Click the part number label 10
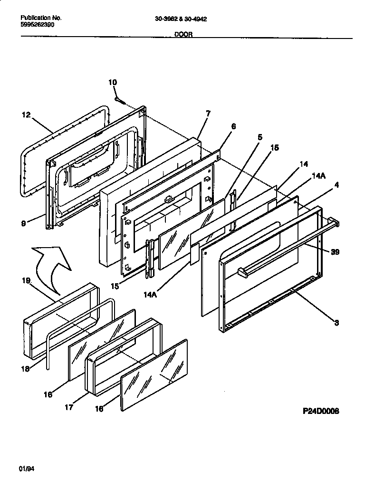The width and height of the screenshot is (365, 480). point(112,82)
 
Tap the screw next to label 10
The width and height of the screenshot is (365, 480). point(120,100)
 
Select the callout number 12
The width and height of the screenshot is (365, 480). point(26,115)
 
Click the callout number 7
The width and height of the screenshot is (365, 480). point(208,113)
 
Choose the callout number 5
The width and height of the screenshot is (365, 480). point(259,137)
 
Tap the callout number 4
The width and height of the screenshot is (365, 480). point(336,186)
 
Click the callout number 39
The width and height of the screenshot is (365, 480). point(335,252)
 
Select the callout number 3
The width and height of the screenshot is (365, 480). point(336,323)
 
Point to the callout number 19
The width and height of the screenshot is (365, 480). point(26,281)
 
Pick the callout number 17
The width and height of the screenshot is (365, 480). point(69,407)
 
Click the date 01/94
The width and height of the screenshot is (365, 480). point(28,469)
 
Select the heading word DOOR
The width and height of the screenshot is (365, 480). point(183,35)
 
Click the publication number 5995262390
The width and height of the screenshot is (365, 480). point(38,25)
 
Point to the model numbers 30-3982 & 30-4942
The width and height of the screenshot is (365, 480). point(181,19)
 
